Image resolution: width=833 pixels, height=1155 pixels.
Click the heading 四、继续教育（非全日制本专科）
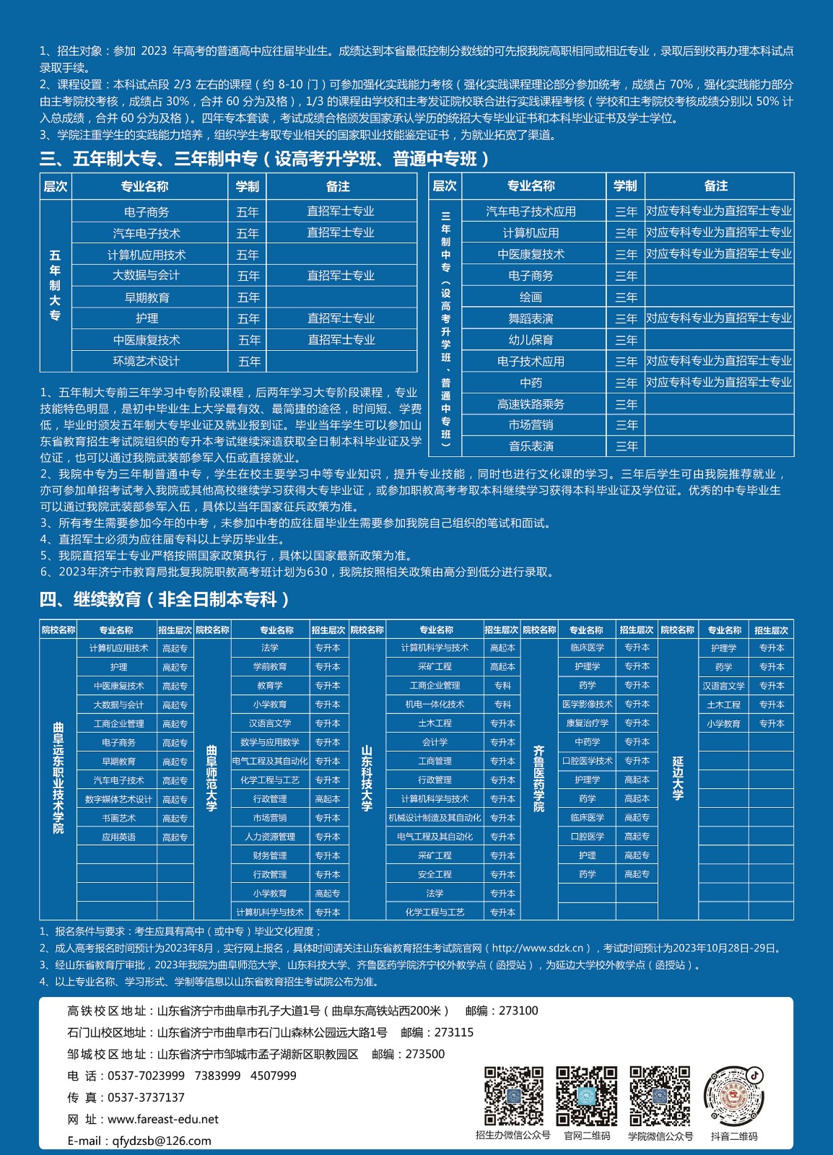coord(165,599)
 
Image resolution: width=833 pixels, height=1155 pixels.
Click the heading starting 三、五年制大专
coord(266,159)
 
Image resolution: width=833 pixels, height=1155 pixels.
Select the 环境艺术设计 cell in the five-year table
coord(147,361)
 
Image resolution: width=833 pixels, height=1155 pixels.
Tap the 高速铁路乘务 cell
coord(531,404)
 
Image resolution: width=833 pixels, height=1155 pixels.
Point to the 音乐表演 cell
coord(531,446)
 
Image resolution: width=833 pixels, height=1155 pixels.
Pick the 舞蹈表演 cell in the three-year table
coord(531,318)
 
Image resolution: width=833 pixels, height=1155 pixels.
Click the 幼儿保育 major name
coord(531,340)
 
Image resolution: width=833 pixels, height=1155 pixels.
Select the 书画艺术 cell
coord(118,818)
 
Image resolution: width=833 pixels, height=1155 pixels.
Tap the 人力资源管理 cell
coord(270,837)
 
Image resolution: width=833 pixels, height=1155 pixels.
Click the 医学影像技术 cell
coord(587,704)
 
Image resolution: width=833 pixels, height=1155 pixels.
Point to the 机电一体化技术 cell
coord(435,704)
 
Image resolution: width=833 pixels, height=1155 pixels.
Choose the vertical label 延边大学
coord(678,778)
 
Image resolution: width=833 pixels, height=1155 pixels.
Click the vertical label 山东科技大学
coord(367,778)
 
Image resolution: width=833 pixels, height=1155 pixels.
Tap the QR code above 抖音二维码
coord(733,1097)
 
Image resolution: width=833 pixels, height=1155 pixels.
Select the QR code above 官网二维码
coord(586,1096)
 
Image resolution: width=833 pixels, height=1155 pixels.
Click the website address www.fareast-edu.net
coord(162,1119)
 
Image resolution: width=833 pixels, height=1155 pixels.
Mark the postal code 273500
coord(425,1054)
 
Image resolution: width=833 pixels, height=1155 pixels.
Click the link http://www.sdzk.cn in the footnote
coord(541,948)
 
